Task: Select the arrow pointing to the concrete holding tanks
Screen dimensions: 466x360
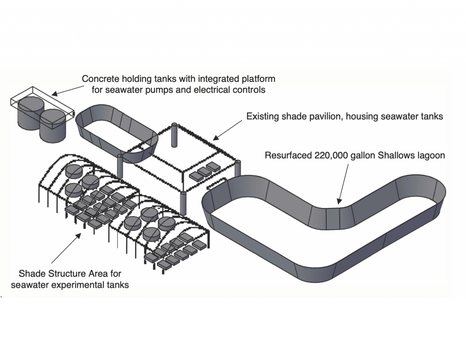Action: coord(68,91)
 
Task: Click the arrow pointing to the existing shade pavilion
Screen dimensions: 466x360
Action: coord(228,130)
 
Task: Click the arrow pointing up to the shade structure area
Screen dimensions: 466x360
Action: coord(66,248)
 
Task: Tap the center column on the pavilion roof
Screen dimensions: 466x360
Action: coord(174,135)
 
